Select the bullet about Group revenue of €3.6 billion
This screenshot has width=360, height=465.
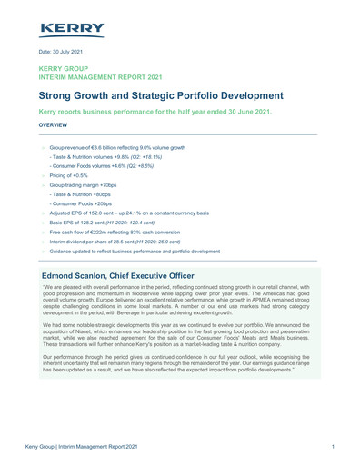[117, 147]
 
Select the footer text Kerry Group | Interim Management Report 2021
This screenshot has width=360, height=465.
[85, 447]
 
